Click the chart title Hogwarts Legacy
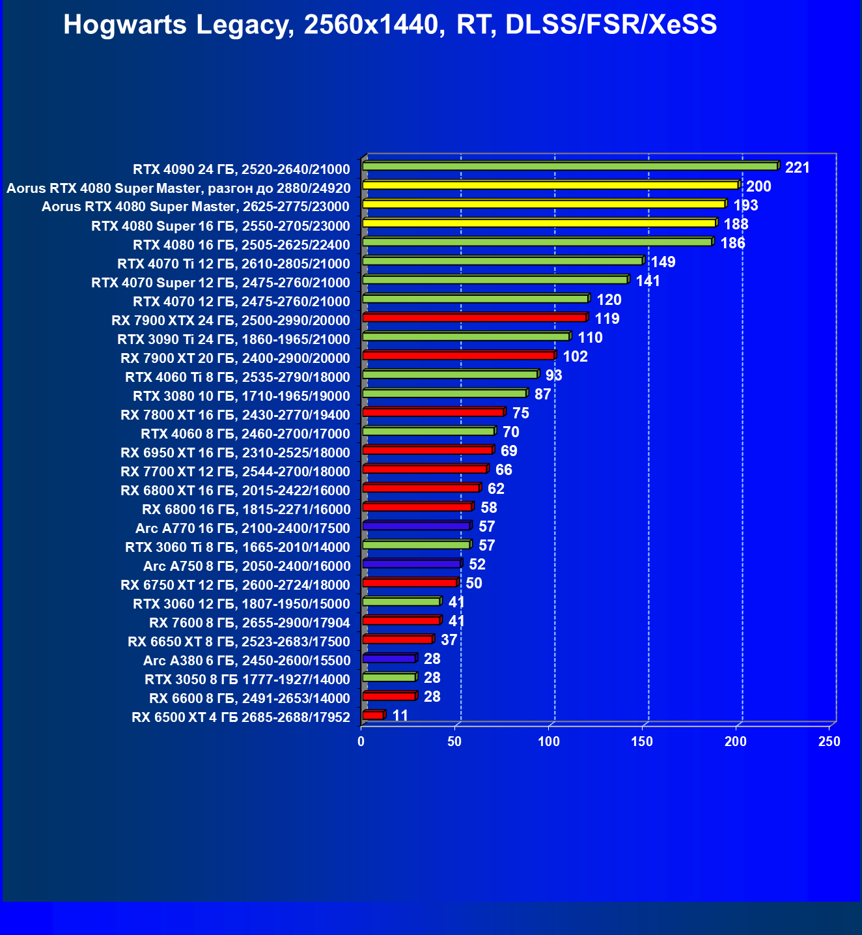[x=390, y=25]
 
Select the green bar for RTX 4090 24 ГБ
[x=570, y=166]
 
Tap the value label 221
[x=797, y=168]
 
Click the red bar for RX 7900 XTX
[x=475, y=317]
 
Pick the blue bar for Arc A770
[x=416, y=525]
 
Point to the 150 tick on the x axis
[x=642, y=741]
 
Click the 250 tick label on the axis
[x=829, y=741]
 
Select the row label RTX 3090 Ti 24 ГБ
[x=233, y=339]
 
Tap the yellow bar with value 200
[x=550, y=185]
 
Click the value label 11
[x=400, y=716]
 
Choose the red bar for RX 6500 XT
[x=373, y=715]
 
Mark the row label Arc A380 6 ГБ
[x=247, y=661]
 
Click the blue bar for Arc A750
[x=411, y=563]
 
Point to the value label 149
[x=663, y=263]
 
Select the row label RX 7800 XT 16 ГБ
[x=235, y=415]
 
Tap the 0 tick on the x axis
[x=361, y=741]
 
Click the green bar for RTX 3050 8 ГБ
[x=389, y=677]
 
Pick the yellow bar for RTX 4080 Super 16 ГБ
[x=538, y=223]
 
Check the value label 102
[x=575, y=357]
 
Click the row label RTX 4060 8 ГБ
[x=245, y=434]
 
